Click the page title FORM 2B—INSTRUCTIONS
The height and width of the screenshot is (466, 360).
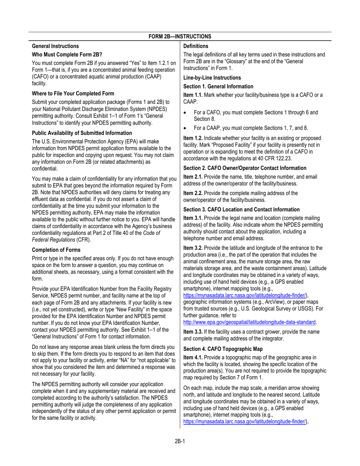pos(180,36)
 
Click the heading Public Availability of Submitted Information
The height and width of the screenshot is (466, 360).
pos(82,133)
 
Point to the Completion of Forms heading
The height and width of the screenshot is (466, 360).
pos(56,250)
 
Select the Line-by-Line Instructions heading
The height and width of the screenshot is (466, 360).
pos(212,78)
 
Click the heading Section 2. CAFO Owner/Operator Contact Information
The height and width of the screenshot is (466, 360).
pos(250,168)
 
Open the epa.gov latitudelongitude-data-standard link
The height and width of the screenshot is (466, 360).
pos(249,322)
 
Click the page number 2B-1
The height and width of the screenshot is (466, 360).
pos(180,441)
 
